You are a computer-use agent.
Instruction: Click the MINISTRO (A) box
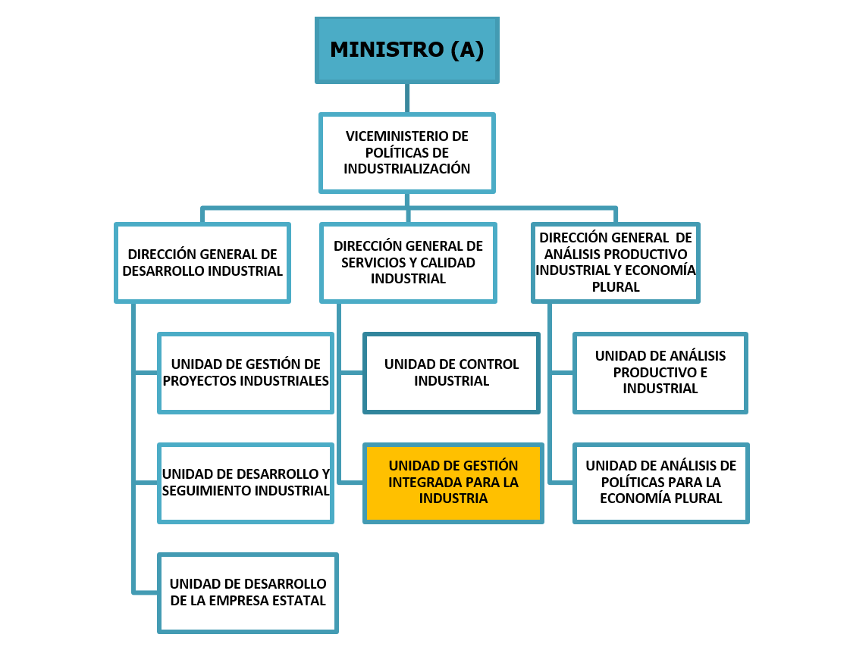click(x=407, y=50)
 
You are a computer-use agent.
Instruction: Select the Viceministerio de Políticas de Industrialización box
click(x=407, y=153)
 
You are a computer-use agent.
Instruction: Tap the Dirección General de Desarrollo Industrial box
click(x=202, y=263)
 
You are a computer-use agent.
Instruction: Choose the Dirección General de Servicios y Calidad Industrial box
click(x=408, y=263)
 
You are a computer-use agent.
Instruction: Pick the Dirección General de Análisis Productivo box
click(x=615, y=263)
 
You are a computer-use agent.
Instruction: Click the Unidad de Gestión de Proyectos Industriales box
click(x=246, y=373)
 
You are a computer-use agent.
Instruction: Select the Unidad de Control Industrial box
click(x=452, y=373)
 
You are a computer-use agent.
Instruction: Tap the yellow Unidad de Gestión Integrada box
click(x=453, y=483)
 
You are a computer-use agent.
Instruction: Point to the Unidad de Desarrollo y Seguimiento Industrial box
click(x=246, y=483)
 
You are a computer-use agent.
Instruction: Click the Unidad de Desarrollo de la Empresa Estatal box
click(x=248, y=593)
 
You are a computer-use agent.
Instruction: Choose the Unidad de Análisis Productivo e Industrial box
click(x=660, y=373)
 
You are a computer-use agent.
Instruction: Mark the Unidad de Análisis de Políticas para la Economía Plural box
click(x=660, y=483)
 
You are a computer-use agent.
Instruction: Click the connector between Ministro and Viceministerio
click(x=407, y=98)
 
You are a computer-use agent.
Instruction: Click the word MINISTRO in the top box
click(x=387, y=50)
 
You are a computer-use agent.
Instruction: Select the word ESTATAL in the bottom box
click(x=303, y=601)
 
